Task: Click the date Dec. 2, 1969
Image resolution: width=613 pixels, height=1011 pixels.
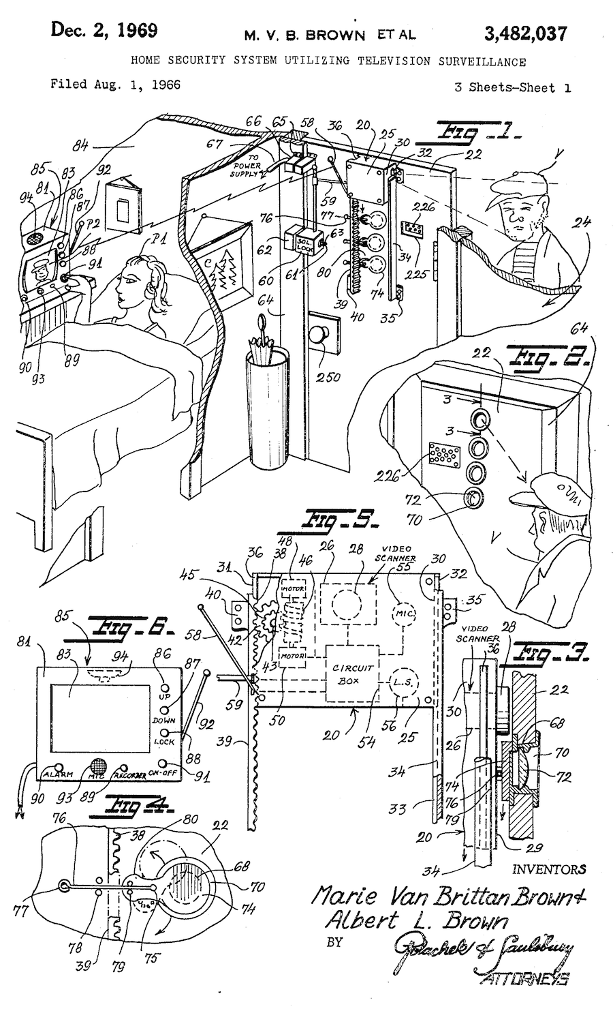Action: click(x=104, y=31)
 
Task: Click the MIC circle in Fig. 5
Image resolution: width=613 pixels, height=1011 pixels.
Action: click(x=400, y=612)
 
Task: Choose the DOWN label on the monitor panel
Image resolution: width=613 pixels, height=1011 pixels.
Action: click(x=164, y=720)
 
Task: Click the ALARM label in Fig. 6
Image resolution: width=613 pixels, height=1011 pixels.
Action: click(x=58, y=775)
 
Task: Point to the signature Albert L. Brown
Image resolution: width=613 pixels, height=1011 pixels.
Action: click(x=415, y=922)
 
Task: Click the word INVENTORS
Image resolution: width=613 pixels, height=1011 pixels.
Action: click(x=549, y=869)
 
